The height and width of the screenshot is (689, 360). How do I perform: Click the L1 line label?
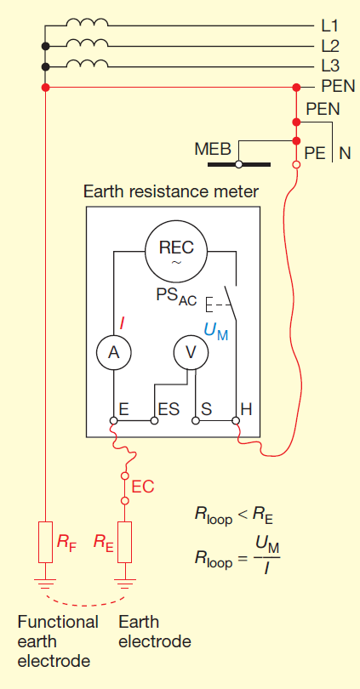tap(331, 26)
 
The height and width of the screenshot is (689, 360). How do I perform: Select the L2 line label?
tap(331, 47)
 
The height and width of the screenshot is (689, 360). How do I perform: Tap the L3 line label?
tap(331, 66)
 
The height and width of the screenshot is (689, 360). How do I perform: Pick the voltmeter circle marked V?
tap(191, 351)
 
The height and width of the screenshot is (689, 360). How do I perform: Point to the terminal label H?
tap(246, 409)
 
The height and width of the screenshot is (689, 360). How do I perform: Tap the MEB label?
tap(213, 150)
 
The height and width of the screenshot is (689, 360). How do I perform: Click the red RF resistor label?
tap(66, 540)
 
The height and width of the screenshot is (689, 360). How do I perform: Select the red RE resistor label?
tap(102, 540)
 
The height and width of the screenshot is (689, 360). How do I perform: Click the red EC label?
tap(142, 487)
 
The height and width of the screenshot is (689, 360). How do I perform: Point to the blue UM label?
tap(217, 331)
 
